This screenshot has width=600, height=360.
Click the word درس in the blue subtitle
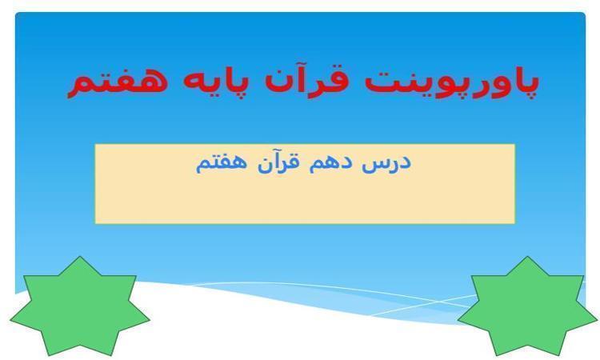click(386, 163)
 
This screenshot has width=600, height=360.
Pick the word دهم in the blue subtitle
click(329, 162)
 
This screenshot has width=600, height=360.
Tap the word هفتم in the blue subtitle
click(221, 163)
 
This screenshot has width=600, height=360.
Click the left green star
click(79, 306)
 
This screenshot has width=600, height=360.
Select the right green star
click(527, 306)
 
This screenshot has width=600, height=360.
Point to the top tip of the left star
click(80, 256)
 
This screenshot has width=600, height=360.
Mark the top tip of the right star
click(528, 256)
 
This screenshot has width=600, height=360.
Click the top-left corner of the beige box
click(95, 144)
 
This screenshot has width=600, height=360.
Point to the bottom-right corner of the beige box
click(514, 223)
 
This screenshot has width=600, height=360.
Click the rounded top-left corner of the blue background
click(17, 14)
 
